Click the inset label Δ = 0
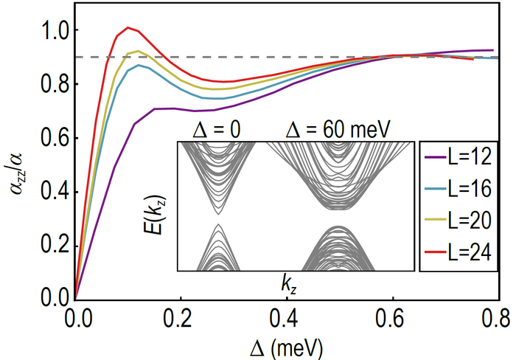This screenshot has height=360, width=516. (217, 131)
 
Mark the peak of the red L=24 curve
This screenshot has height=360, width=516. (128, 28)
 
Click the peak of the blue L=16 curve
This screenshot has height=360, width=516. (139, 65)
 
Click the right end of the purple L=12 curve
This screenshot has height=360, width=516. (492, 50)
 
